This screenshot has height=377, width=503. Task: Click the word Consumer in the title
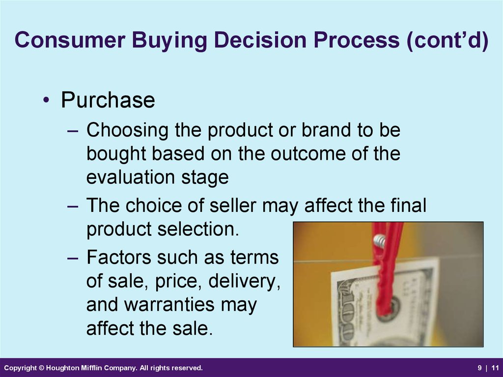click(70, 40)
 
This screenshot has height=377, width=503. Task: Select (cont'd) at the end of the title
click(447, 40)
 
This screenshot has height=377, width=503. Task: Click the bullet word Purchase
click(108, 100)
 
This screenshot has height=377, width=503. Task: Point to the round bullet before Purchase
click(46, 100)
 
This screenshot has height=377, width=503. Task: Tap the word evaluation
click(131, 177)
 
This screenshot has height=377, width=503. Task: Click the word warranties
click(169, 305)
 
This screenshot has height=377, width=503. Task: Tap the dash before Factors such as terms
click(73, 258)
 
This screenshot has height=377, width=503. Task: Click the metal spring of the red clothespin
click(380, 241)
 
